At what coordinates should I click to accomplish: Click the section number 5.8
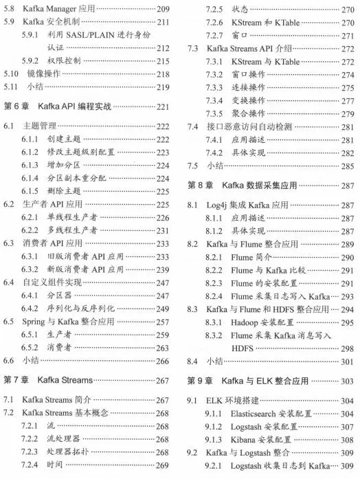(10, 10)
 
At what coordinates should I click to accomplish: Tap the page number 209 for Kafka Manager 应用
(163, 10)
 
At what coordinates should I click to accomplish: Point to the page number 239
(163, 269)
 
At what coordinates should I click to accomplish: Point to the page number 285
(347, 166)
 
